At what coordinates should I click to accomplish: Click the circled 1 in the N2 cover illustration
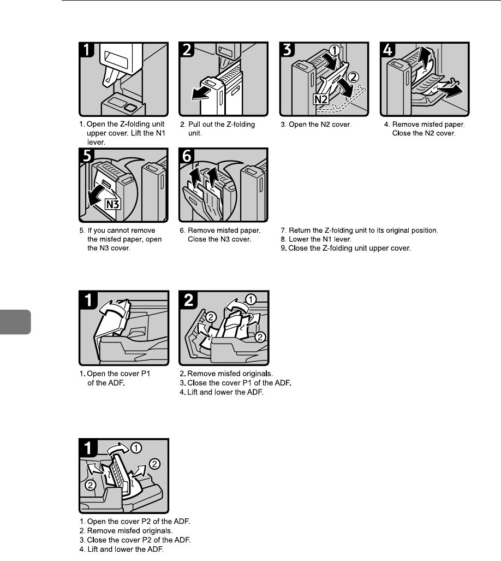tap(337, 51)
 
